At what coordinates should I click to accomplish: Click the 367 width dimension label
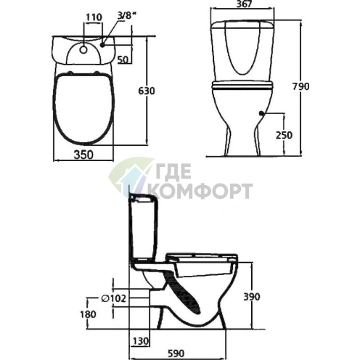(244, 4)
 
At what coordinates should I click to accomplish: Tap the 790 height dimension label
(301, 86)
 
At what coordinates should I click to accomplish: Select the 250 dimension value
(284, 135)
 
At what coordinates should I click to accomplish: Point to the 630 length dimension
(147, 91)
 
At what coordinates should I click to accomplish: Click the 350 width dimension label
(83, 155)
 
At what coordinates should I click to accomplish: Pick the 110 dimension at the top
(94, 17)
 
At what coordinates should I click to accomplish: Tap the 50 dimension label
(123, 60)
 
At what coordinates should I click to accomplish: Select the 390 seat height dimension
(252, 297)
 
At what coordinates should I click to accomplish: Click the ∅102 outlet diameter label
(113, 298)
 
